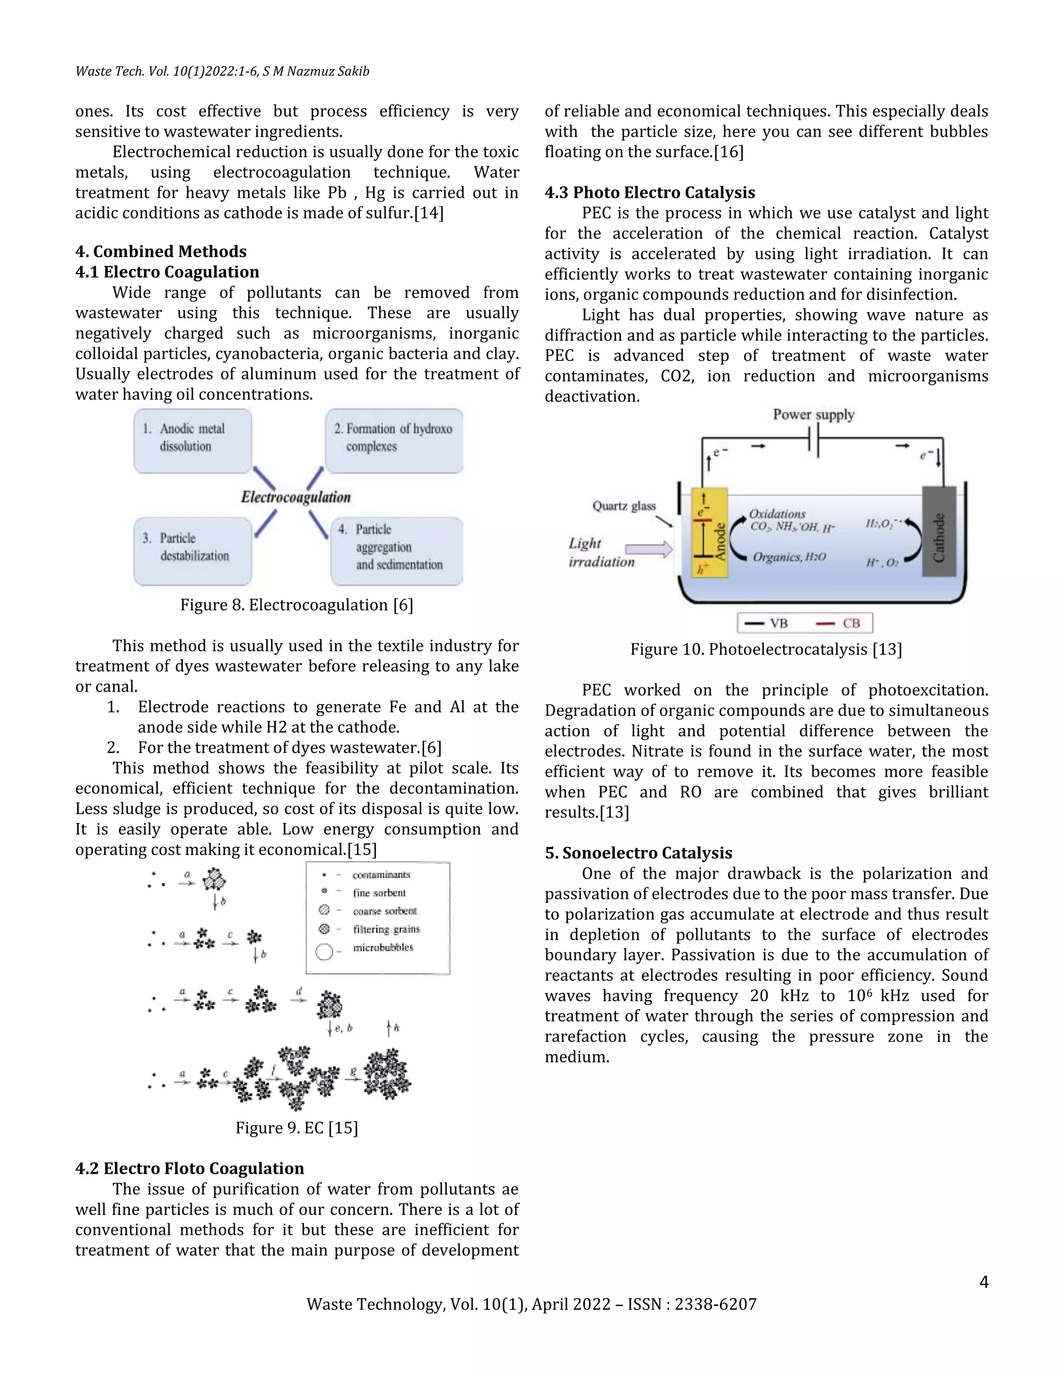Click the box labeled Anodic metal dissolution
click(192, 440)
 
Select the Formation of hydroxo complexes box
click(394, 440)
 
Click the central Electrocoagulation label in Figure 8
click(296, 497)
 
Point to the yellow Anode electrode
click(710, 532)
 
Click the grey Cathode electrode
click(939, 531)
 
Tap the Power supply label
click(813, 414)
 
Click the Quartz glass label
click(623, 506)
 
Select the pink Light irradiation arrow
click(648, 549)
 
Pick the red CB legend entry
click(839, 623)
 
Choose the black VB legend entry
click(766, 623)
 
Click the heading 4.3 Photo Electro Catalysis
click(650, 193)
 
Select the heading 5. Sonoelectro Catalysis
click(638, 853)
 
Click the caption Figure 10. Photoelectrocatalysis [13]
click(766, 649)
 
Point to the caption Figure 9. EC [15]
click(296, 1128)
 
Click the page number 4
click(983, 1282)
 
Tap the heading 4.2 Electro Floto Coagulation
click(189, 1169)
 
